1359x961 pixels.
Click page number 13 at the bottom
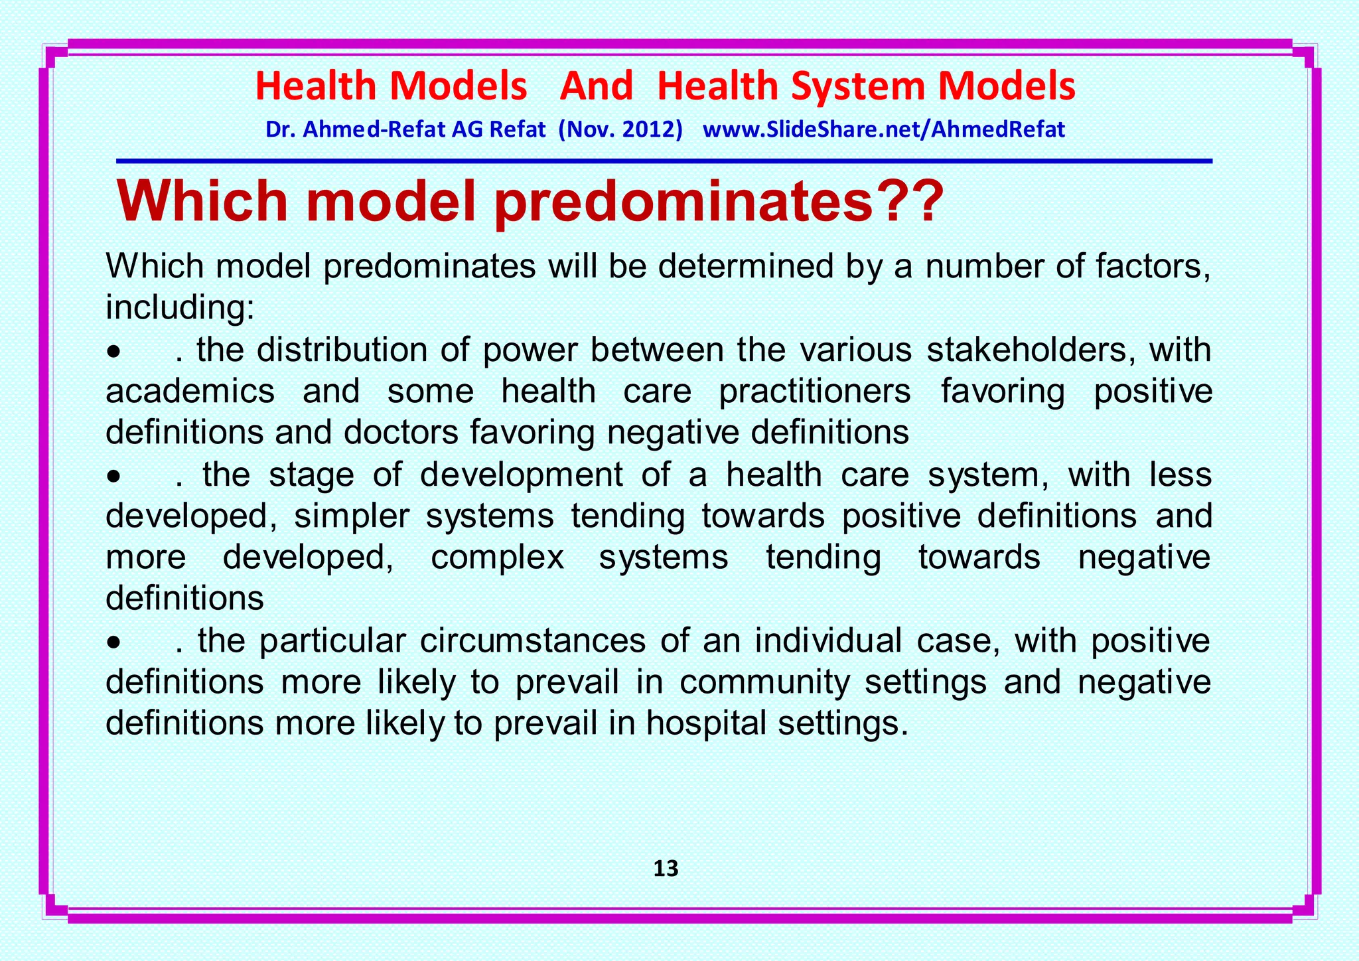tap(666, 869)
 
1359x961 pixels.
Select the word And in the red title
tap(596, 86)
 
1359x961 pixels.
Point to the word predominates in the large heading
tap(681, 202)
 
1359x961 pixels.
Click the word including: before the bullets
tap(180, 307)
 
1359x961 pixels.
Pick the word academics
tap(190, 391)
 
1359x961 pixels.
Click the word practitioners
tap(815, 392)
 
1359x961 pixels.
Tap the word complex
tap(497, 557)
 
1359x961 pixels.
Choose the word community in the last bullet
tap(764, 682)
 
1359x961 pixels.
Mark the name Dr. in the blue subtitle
tap(279, 129)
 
